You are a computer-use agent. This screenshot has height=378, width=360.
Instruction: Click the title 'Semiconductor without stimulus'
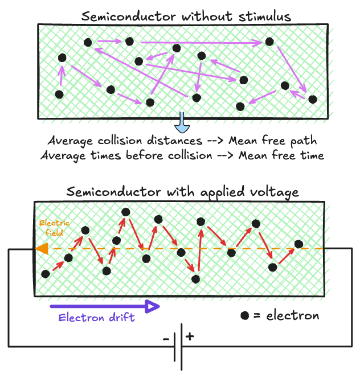coord(186,16)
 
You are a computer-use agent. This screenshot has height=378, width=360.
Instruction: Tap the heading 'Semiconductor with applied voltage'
coord(182,192)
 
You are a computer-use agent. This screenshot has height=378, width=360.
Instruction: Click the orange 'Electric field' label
coord(49,228)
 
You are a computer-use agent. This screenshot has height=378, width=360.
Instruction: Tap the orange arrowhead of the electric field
coord(40,249)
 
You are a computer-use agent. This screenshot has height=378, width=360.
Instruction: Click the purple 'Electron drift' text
coord(97,318)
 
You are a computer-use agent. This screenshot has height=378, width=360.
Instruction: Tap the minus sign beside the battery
coord(166,339)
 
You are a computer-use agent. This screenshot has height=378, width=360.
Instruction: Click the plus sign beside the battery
coord(190,336)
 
